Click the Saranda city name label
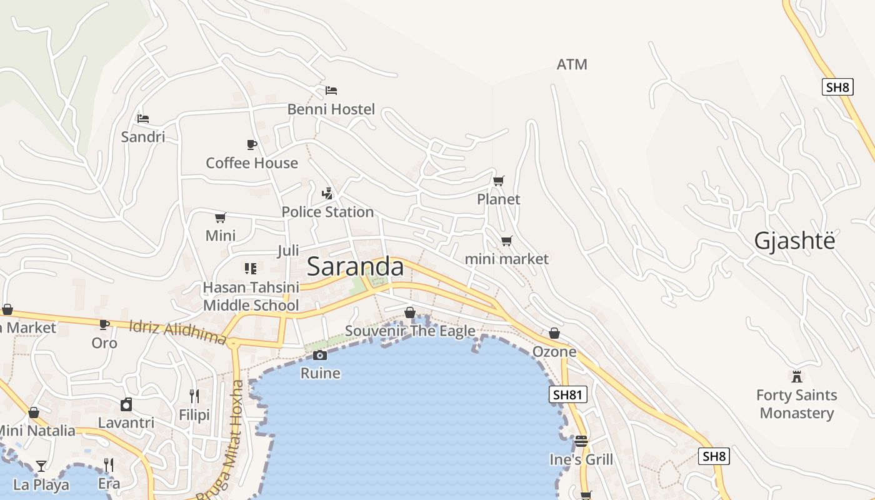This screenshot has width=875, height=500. (x=355, y=266)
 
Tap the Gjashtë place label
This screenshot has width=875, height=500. (x=794, y=241)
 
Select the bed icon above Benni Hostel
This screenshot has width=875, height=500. (x=331, y=91)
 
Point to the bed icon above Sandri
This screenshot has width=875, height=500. (x=143, y=118)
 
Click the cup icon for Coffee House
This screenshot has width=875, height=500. (x=252, y=145)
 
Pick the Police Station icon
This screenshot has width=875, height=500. (x=327, y=194)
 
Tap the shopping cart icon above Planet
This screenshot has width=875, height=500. (x=498, y=181)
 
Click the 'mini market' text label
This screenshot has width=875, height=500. (x=507, y=259)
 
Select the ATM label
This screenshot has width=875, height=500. (x=572, y=64)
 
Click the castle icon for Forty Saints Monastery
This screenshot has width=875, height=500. (x=796, y=377)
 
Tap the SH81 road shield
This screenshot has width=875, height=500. (x=568, y=394)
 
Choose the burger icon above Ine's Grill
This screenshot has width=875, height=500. (x=581, y=441)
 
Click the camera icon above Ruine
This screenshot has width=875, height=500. (x=320, y=356)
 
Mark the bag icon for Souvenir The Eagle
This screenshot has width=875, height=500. (x=410, y=312)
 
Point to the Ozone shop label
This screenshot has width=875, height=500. (x=554, y=352)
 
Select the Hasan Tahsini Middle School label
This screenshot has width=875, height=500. (x=251, y=296)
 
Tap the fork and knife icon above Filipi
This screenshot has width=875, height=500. (x=194, y=396)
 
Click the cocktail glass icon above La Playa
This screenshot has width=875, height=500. (x=41, y=466)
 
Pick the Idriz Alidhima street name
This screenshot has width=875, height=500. (x=177, y=332)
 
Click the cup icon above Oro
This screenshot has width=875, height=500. (x=104, y=324)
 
